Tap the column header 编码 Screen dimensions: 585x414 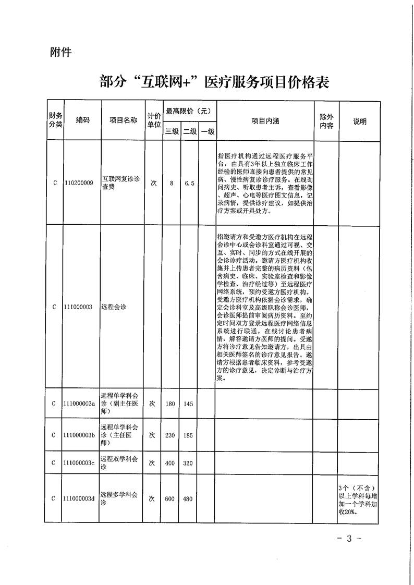(82, 120)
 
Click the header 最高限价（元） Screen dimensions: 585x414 (188, 111)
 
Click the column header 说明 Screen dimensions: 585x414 (359, 121)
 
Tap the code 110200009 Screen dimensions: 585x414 (79, 184)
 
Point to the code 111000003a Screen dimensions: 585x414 (80, 404)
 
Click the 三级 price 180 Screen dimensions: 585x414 (171, 404)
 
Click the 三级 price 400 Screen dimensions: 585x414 (171, 462)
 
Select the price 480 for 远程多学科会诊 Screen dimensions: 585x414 (189, 498)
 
